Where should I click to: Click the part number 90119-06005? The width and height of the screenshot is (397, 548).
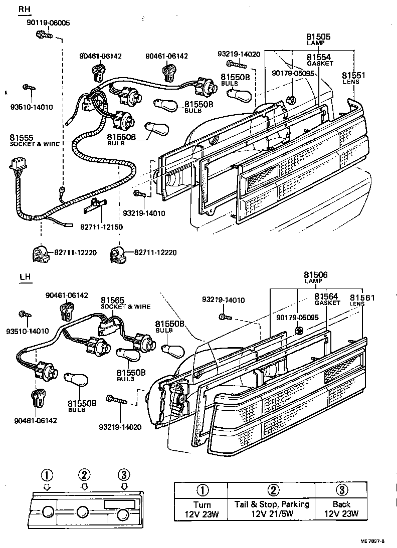(48, 23)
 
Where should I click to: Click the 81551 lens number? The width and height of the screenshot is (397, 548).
(353, 75)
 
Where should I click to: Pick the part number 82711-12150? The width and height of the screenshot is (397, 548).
(102, 227)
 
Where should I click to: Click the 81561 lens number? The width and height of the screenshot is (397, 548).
(362, 297)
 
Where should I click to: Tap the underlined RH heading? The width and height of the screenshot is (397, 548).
(24, 10)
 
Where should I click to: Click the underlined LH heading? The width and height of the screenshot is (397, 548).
(25, 277)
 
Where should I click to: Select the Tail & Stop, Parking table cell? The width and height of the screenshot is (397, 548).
(272, 509)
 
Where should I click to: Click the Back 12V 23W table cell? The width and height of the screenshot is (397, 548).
(341, 509)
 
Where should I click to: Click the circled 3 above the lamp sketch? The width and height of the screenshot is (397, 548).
(124, 474)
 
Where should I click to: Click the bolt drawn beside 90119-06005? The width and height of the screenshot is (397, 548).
(42, 35)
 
